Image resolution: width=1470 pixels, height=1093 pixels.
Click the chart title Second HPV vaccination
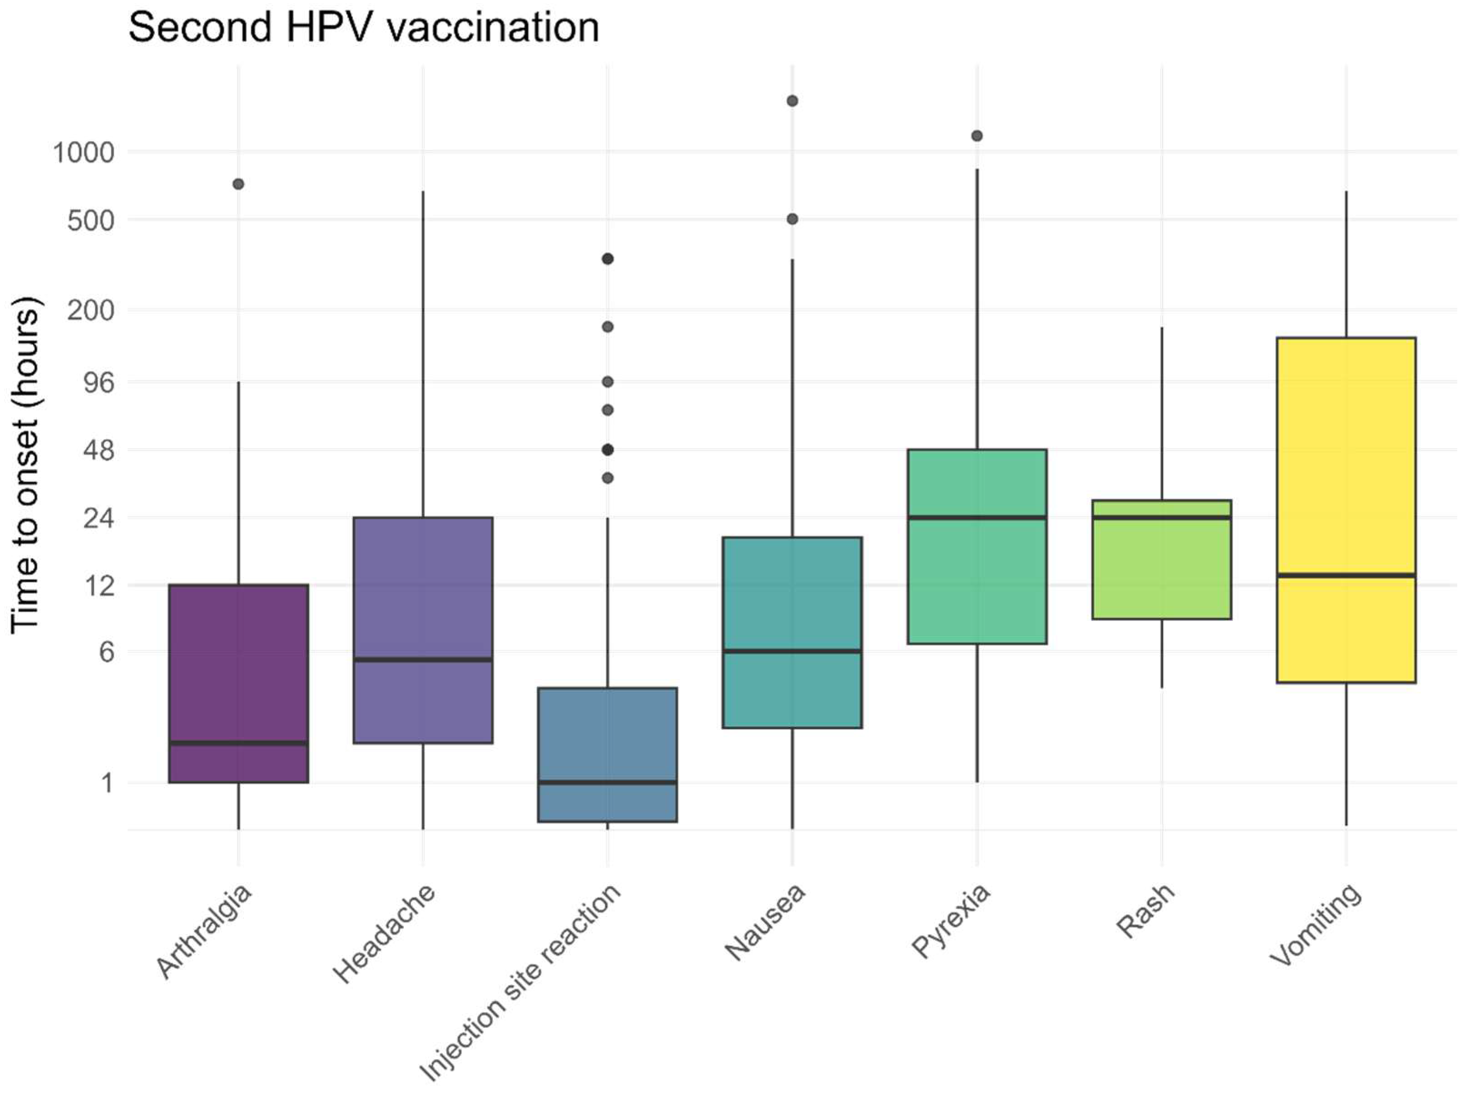[x=363, y=28]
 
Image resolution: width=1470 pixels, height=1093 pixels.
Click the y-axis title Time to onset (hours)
[x=26, y=465]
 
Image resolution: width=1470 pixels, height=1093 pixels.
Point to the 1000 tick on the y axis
[x=84, y=153]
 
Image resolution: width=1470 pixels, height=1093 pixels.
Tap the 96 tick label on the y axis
[x=99, y=382]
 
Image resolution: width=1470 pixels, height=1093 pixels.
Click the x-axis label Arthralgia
[x=204, y=931]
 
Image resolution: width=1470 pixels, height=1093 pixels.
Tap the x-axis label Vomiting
[x=1315, y=925]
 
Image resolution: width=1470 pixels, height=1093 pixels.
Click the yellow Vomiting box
[x=1346, y=463]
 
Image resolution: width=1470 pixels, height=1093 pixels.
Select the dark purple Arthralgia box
[x=238, y=662]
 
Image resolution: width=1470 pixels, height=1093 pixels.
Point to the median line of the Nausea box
[x=792, y=651]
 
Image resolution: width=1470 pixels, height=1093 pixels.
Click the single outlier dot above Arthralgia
[x=238, y=184]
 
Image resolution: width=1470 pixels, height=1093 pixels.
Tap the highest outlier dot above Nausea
[x=792, y=101]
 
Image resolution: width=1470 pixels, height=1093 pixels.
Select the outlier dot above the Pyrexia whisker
[x=977, y=136]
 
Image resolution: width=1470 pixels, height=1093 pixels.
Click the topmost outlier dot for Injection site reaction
[x=607, y=259]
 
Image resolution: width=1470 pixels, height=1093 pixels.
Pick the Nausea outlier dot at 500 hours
[x=792, y=219]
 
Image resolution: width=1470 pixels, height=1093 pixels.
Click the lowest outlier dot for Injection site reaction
[x=607, y=478]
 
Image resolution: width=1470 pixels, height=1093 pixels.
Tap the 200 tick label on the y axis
[x=91, y=310]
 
